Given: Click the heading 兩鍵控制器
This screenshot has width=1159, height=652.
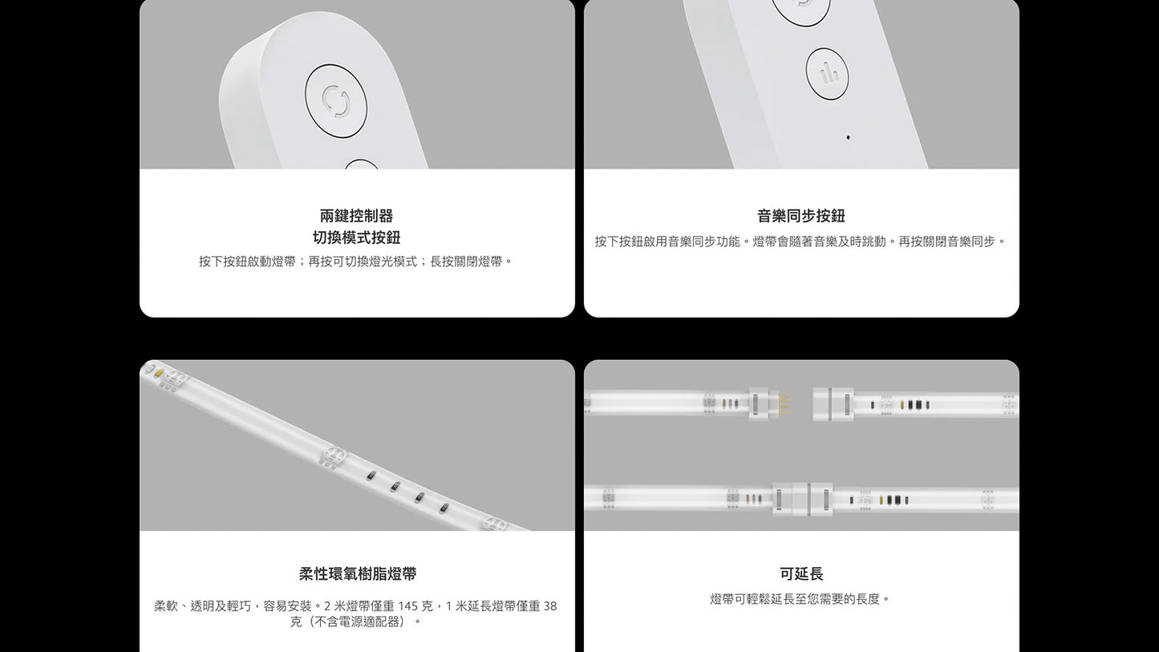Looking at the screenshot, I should coord(356,216).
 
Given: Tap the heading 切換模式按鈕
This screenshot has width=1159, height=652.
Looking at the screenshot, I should coord(356,237).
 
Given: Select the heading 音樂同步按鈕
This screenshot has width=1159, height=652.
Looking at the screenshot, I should coord(800,216).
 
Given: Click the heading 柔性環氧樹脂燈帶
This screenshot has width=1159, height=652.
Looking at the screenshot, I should coord(357,573).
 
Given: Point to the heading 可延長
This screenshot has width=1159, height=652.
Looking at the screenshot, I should coord(800,573).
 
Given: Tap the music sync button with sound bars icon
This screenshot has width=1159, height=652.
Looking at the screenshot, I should coord(827,74).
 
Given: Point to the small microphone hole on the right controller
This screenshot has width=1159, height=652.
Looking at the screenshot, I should coord(848,137).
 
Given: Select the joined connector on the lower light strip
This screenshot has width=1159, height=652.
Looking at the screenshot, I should coord(803,499).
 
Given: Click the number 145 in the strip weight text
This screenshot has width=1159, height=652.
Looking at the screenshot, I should coord(408,606).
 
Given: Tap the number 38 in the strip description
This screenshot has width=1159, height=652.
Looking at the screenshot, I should coord(549,606).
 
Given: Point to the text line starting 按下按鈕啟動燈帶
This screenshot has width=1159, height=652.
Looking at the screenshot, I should coord(356,261).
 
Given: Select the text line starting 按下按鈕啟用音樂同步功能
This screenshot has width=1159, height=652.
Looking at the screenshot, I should coord(800,241).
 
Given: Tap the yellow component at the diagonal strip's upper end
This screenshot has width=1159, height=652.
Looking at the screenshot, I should coord(160,372).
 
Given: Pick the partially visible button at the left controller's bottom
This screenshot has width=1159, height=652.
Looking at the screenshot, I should coord(361,164).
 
